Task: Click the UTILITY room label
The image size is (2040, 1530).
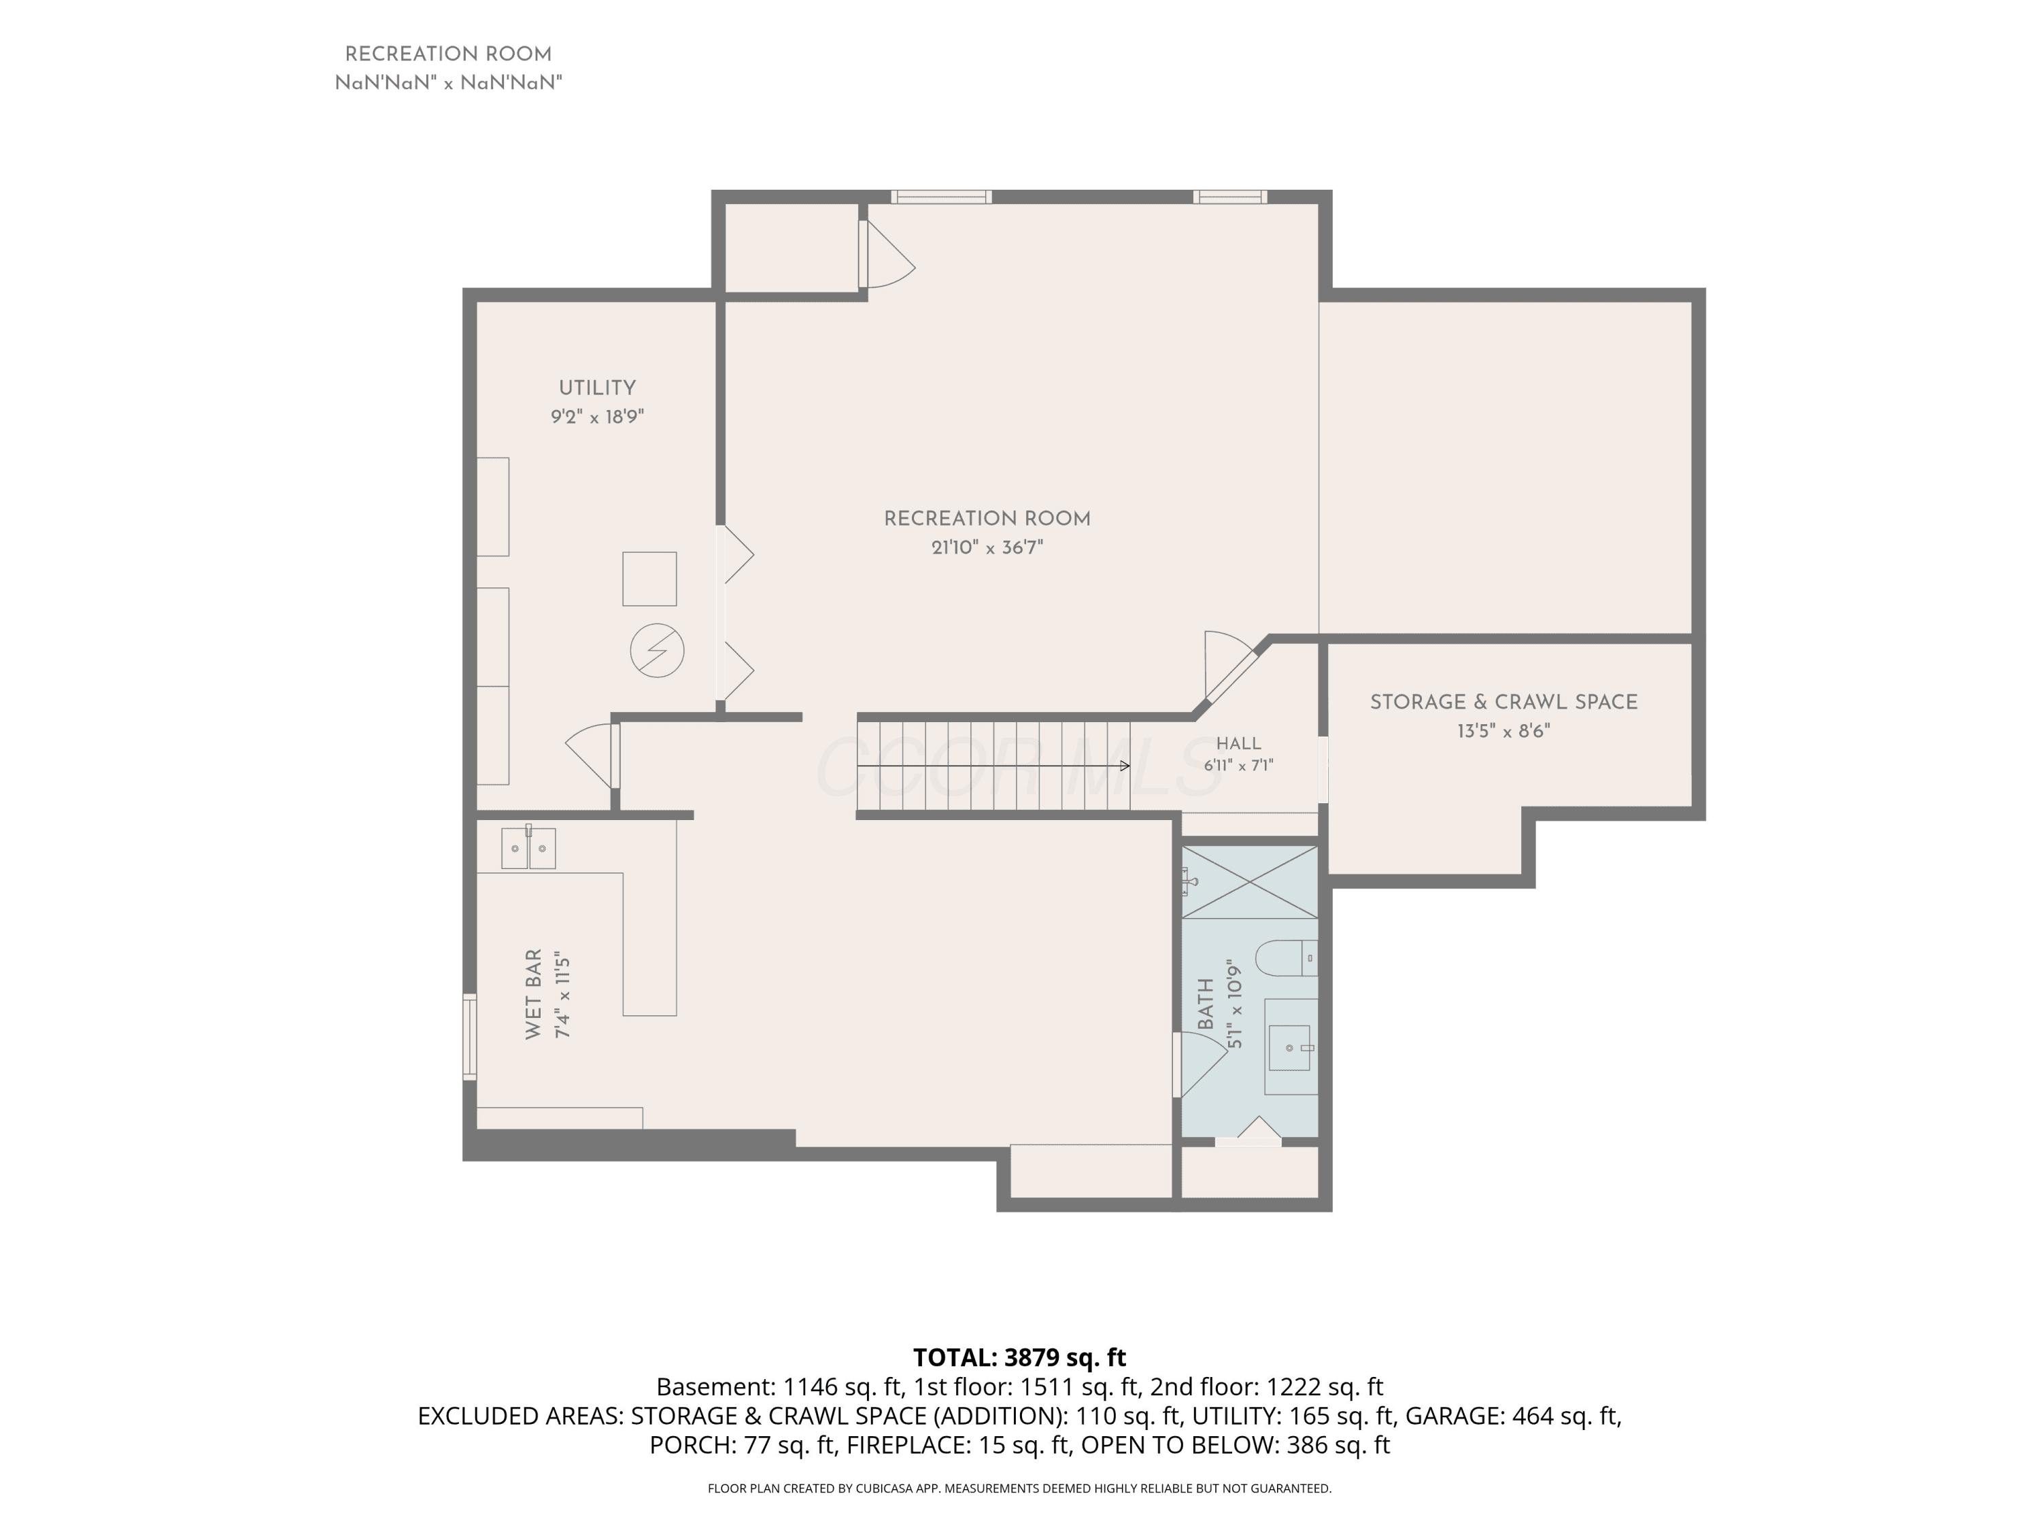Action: pos(596,388)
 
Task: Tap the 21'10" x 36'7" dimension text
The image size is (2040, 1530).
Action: pos(987,548)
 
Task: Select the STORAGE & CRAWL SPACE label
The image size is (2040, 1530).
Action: pos(1503,702)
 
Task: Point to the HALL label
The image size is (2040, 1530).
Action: pos(1238,743)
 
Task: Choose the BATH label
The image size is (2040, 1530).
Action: pos(1206,1004)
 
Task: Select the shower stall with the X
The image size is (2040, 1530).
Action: pos(1250,882)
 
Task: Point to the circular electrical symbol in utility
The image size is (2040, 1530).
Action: pos(657,651)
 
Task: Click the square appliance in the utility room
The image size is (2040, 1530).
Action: pos(649,579)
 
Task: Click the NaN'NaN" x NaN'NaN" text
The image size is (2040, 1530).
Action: pos(448,83)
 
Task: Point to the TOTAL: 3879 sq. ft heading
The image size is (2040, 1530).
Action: pos(1019,1357)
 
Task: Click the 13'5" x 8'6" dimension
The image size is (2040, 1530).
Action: pos(1503,731)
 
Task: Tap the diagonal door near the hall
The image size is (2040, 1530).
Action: pos(1231,666)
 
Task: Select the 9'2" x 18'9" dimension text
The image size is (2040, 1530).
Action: pos(596,417)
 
